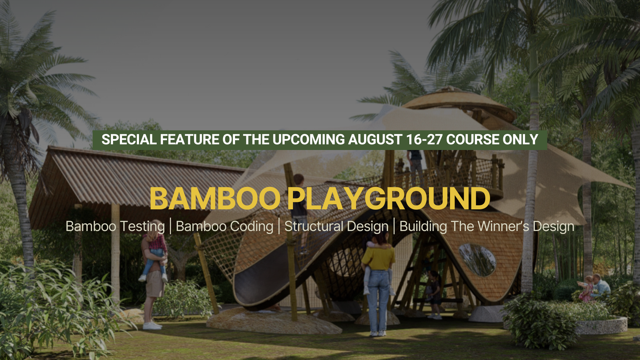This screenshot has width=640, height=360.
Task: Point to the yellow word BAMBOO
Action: [215, 199]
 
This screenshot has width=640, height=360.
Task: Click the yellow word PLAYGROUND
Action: [388, 199]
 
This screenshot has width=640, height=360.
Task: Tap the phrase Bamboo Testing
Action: [115, 226]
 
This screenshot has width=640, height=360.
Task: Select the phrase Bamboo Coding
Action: [224, 226]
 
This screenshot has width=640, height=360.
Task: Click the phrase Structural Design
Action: [336, 226]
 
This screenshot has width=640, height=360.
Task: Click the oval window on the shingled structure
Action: [477, 259]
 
